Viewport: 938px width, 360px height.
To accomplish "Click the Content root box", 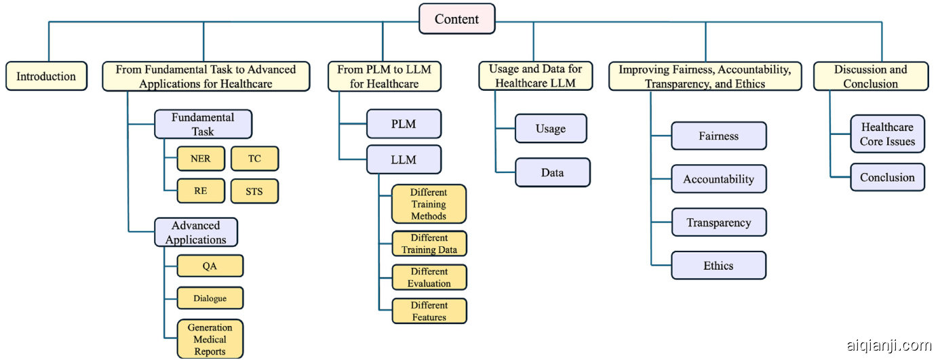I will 456,19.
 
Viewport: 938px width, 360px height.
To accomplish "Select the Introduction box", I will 46,76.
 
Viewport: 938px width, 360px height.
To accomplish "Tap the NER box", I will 200,158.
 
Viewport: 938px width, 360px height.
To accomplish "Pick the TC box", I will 254,158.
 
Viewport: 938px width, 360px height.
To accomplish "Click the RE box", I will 200,191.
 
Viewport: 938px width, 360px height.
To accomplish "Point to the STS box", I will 254,191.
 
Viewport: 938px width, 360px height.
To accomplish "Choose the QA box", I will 210,266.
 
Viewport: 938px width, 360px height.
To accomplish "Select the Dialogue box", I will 210,298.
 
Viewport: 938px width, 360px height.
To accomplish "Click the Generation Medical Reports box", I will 210,339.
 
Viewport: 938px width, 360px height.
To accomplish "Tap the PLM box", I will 404,124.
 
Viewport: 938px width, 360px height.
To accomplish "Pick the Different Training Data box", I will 429,243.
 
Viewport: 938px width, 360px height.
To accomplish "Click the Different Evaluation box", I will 429,277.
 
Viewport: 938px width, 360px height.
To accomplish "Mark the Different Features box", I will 429,311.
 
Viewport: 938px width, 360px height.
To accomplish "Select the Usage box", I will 550,129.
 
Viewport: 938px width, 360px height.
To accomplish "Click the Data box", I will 552,172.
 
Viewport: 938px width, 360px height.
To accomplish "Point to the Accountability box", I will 718,179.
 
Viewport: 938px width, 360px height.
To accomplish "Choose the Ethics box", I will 718,266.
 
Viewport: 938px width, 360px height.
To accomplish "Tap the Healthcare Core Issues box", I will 887,134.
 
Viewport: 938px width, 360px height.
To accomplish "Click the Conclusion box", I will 887,177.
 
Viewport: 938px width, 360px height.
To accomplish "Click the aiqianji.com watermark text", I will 888,345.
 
